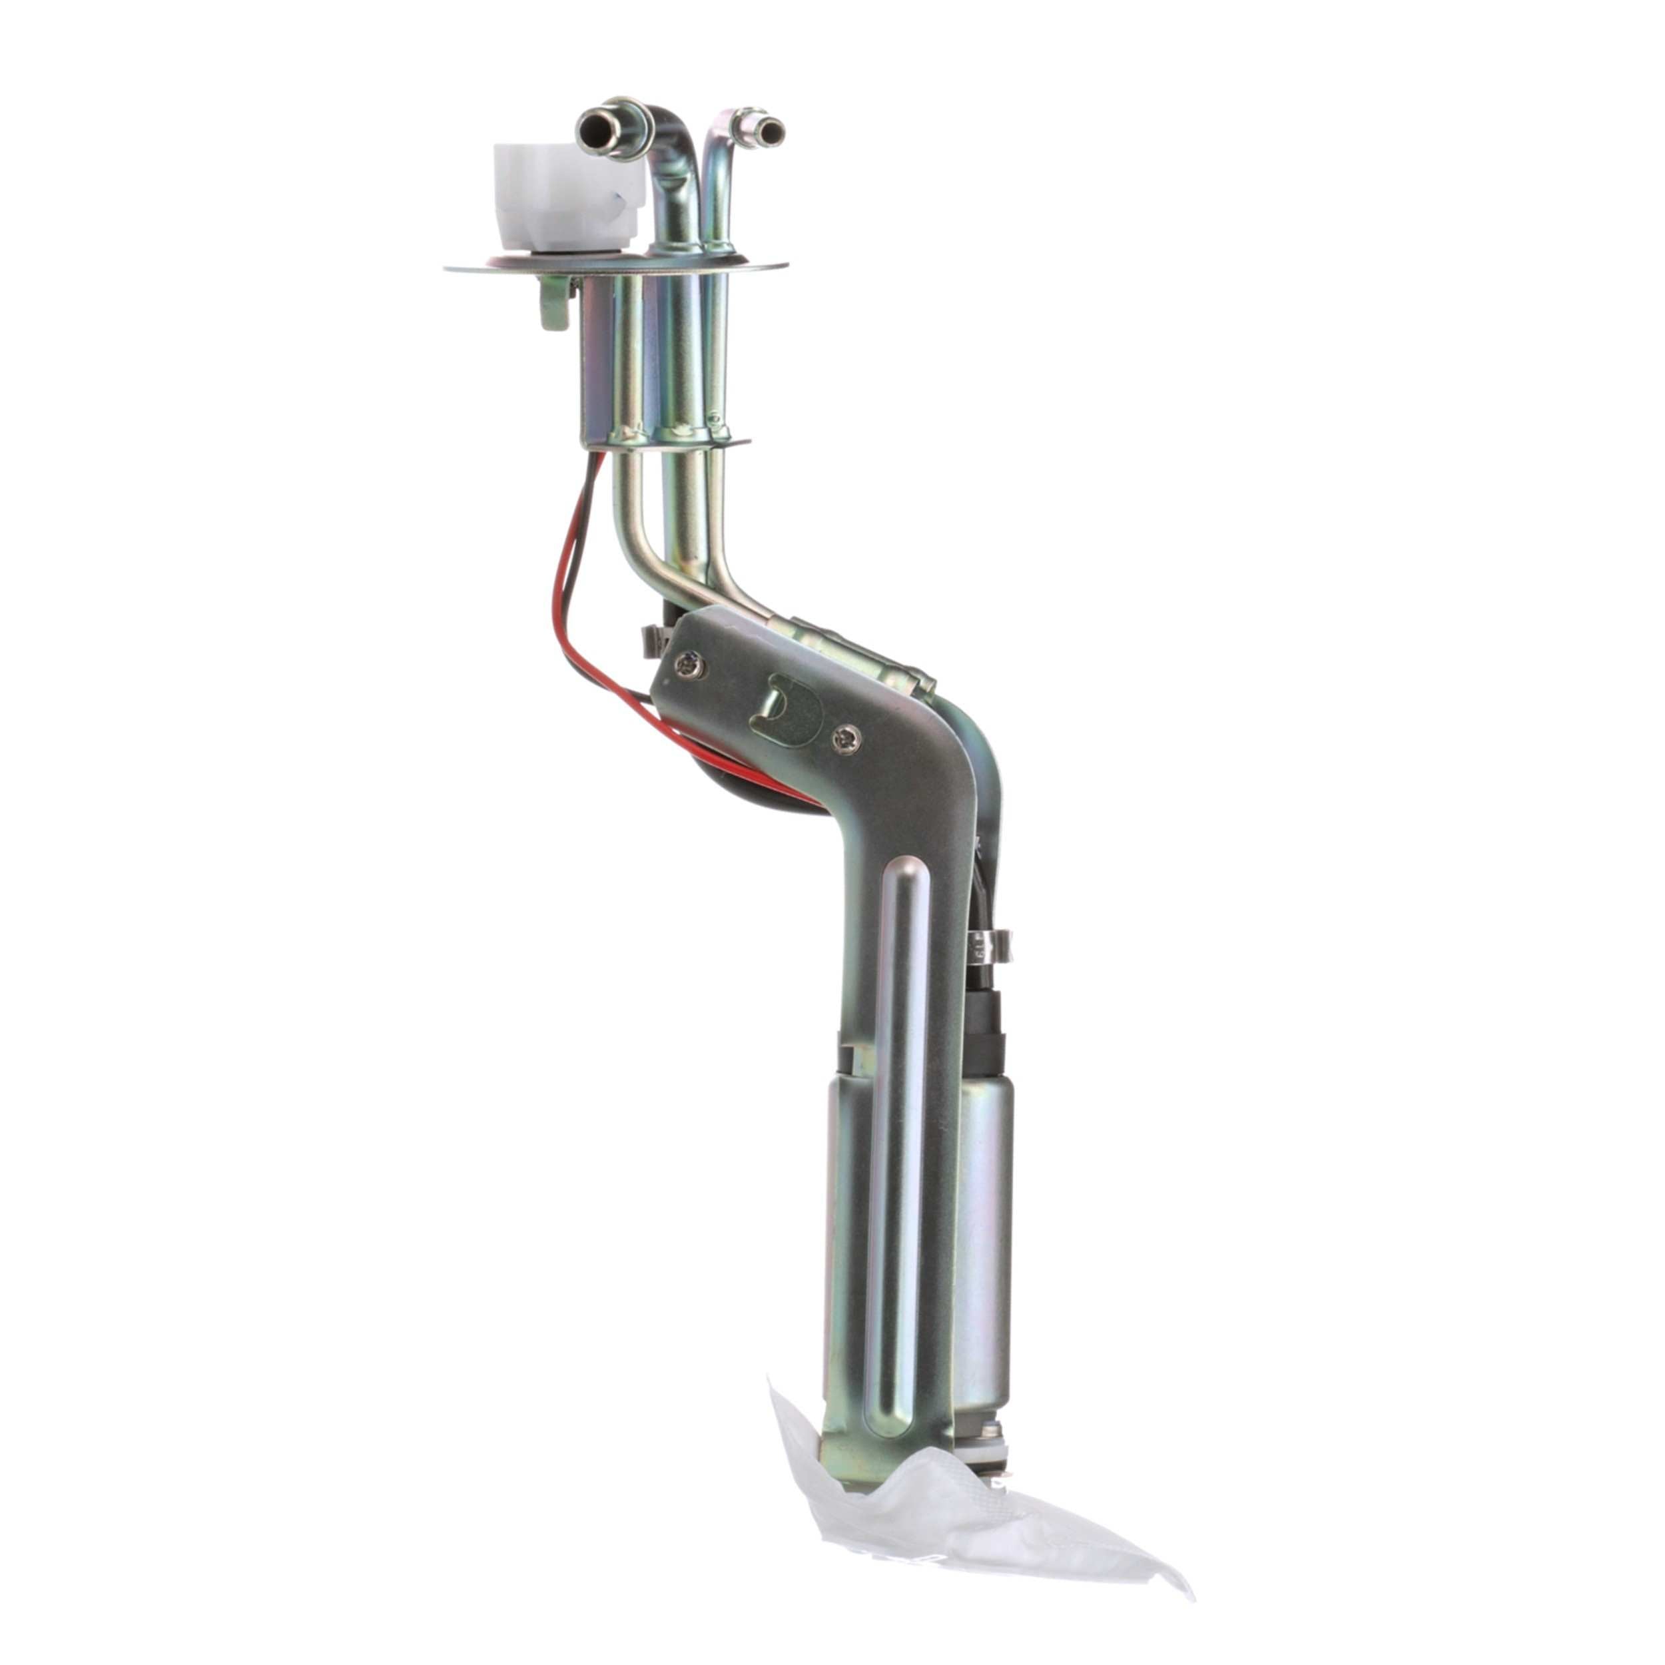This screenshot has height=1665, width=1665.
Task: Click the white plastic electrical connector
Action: (x=565, y=196)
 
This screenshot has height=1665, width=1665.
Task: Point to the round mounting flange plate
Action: (x=483, y=268)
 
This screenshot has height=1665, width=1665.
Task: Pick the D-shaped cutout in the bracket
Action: (x=786, y=710)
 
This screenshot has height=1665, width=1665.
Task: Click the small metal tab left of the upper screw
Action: (x=657, y=639)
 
